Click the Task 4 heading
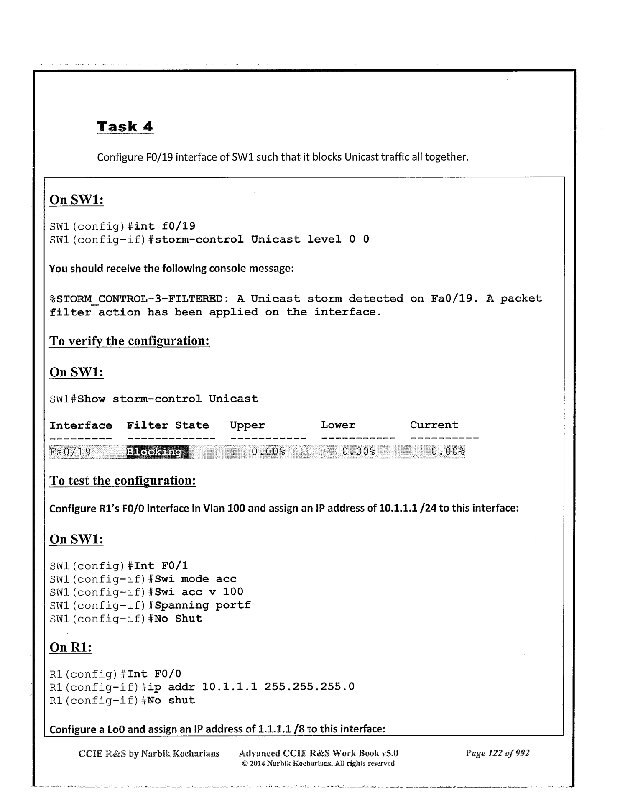pyautogui.click(x=125, y=126)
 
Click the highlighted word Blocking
pyautogui.click(x=157, y=452)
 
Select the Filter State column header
pyautogui.click(x=168, y=425)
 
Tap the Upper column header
pyautogui.click(x=247, y=425)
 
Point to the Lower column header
pyautogui.click(x=338, y=425)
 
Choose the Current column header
pyautogui.click(x=434, y=425)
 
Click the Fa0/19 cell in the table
pyautogui.click(x=70, y=452)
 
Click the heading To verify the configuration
pyautogui.click(x=129, y=341)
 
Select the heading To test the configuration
pyautogui.click(x=122, y=481)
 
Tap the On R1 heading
pyautogui.click(x=71, y=647)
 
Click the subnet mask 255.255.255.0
pyautogui.click(x=309, y=687)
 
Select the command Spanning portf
pyautogui.click(x=202, y=606)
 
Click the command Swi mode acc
pyautogui.click(x=196, y=579)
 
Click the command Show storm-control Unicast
pyautogui.click(x=168, y=399)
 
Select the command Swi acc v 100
pyautogui.click(x=199, y=592)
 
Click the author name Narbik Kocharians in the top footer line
pyautogui.click(x=180, y=753)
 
